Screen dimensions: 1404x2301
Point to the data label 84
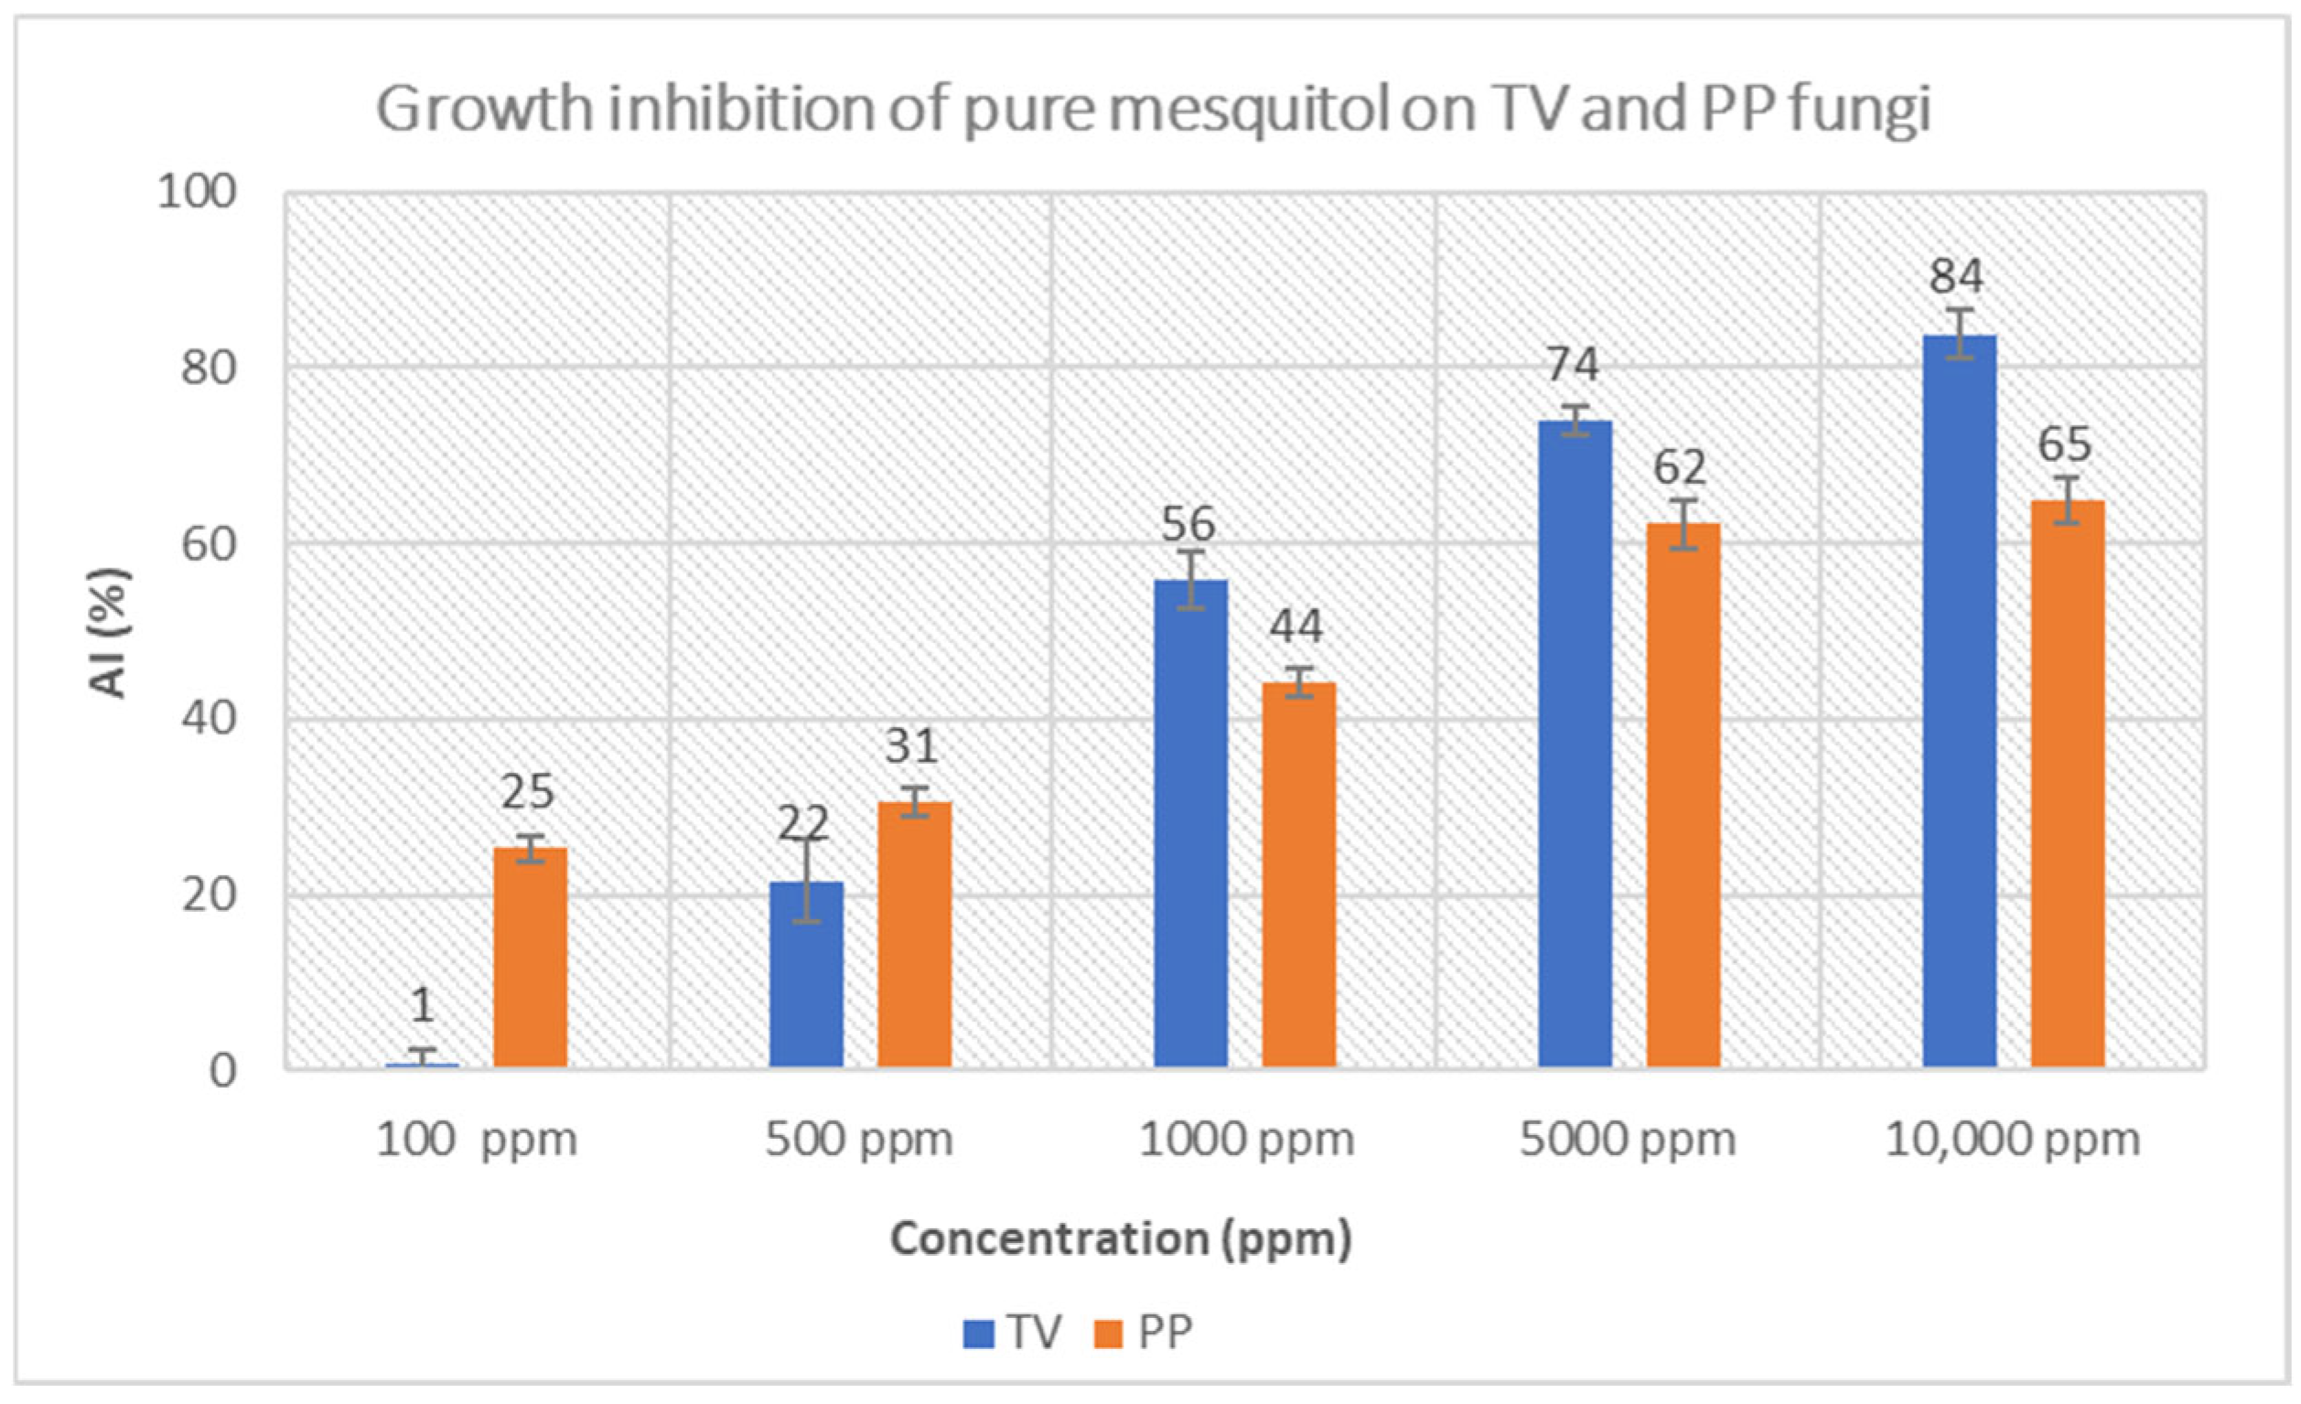[x=1956, y=276]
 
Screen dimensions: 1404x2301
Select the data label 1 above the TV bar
[x=422, y=1005]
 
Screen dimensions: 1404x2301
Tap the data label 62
[x=1680, y=466]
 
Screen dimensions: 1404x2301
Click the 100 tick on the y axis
[x=196, y=193]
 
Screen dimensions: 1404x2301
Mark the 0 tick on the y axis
[x=222, y=1072]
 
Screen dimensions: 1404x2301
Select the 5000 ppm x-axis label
[x=1628, y=1140]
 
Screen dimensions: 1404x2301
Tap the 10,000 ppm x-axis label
[x=2013, y=1140]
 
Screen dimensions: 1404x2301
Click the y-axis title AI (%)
[x=109, y=632]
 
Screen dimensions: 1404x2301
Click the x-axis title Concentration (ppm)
[x=1121, y=1238]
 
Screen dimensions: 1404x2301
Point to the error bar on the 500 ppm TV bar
[x=807, y=880]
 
